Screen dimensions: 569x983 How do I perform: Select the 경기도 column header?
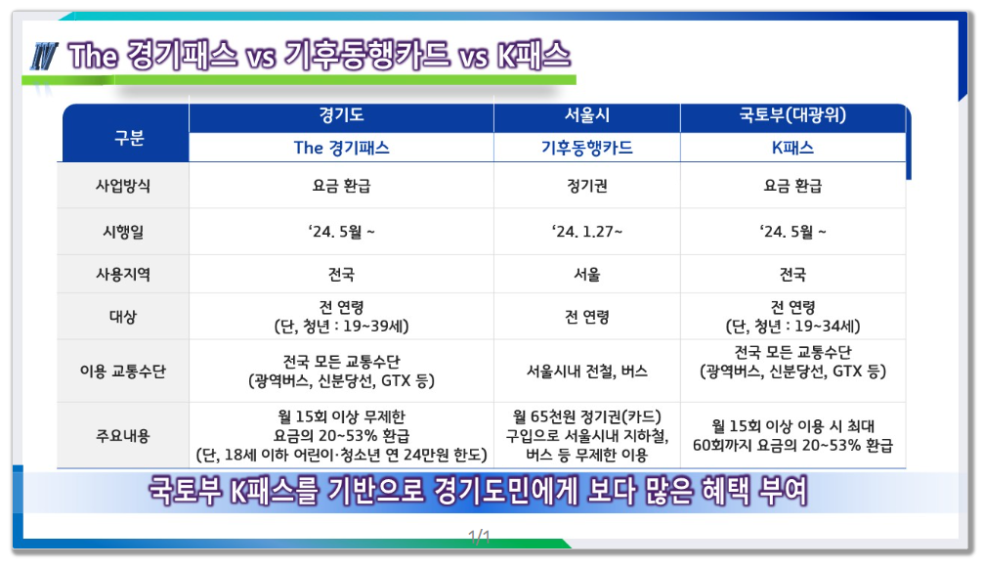pos(341,116)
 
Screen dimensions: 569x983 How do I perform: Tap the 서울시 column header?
pos(586,116)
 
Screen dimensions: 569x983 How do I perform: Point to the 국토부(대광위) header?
pos(792,116)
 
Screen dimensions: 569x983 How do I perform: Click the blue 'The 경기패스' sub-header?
pos(341,149)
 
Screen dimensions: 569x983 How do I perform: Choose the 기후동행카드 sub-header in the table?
pos(586,149)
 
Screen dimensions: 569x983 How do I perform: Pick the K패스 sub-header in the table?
pos(792,149)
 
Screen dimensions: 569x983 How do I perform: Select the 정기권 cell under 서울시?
pos(586,186)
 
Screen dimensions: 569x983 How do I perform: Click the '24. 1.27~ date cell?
pos(586,232)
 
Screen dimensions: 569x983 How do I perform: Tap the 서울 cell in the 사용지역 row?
pos(586,275)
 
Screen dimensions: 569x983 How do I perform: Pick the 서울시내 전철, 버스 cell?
pos(586,372)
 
